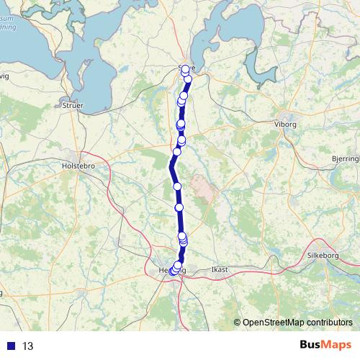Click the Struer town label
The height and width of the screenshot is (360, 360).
point(73,105)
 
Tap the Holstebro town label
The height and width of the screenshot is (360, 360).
point(79,162)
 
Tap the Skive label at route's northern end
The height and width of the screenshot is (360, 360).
point(186,68)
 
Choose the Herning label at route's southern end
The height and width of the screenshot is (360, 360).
point(171,270)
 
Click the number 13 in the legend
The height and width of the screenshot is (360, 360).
point(28,346)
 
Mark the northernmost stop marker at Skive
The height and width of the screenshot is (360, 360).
point(185,69)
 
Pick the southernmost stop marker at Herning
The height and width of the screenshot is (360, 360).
point(172,271)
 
